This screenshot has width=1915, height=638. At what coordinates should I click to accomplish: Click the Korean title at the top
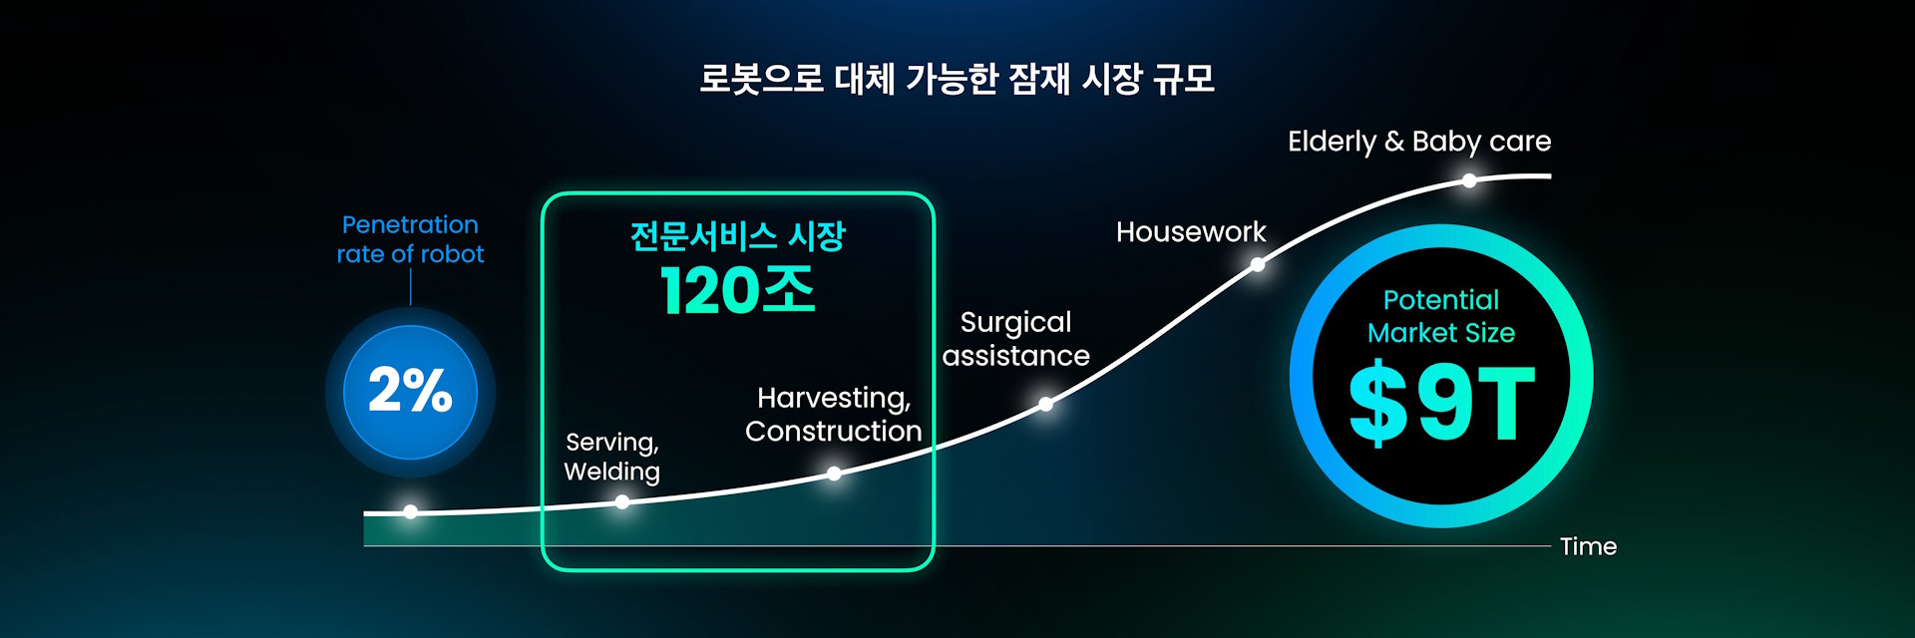pyautogui.click(x=957, y=79)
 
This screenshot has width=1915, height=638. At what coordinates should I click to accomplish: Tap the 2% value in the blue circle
pyautogui.click(x=410, y=390)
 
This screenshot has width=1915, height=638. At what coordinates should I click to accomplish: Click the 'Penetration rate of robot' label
pyautogui.click(x=410, y=239)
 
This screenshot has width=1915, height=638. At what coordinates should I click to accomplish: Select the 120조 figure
pyautogui.click(x=737, y=291)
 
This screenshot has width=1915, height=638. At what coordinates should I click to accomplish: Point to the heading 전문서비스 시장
pyautogui.click(x=737, y=236)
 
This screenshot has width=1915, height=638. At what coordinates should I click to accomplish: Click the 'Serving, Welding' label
pyautogui.click(x=612, y=457)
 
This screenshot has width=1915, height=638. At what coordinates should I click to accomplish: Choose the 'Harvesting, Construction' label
pyautogui.click(x=833, y=415)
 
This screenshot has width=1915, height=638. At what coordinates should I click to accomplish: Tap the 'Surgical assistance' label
pyautogui.click(x=1015, y=340)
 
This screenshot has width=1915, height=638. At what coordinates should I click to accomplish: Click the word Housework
pyautogui.click(x=1191, y=232)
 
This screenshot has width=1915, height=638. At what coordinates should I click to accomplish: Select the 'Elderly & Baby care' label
pyautogui.click(x=1419, y=142)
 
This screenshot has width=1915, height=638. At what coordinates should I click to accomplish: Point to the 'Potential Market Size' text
pyautogui.click(x=1441, y=316)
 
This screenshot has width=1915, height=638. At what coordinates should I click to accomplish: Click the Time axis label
pyautogui.click(x=1588, y=546)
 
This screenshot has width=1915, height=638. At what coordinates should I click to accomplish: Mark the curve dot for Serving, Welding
pyautogui.click(x=622, y=502)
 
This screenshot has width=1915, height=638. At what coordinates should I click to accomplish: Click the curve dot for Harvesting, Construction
pyautogui.click(x=834, y=474)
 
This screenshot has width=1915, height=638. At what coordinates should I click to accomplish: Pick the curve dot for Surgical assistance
pyautogui.click(x=1045, y=404)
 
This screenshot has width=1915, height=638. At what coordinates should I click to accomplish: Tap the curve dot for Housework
pyautogui.click(x=1258, y=264)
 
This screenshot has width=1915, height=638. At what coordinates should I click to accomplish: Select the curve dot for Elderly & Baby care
pyautogui.click(x=1469, y=180)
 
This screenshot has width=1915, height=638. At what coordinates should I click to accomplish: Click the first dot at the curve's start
pyautogui.click(x=410, y=511)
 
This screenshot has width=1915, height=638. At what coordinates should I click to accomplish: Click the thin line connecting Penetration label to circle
pyautogui.click(x=410, y=287)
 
